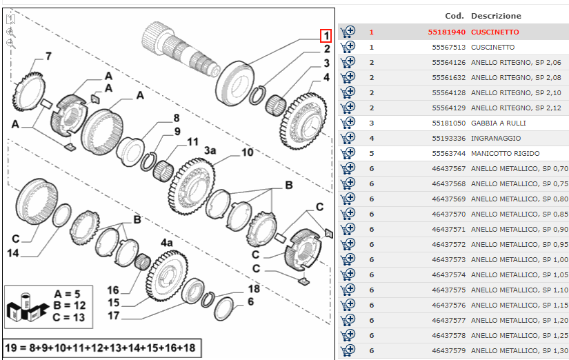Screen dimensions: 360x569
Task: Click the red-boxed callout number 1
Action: click(x=326, y=35)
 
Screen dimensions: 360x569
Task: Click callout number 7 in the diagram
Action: click(x=48, y=56)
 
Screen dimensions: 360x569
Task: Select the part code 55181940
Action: click(x=446, y=32)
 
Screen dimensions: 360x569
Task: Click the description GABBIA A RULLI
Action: click(x=498, y=123)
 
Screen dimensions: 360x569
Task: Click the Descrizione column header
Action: click(x=496, y=16)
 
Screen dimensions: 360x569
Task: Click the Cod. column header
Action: click(x=454, y=16)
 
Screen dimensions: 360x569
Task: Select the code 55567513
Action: click(x=446, y=48)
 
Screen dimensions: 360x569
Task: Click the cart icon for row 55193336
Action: click(x=348, y=138)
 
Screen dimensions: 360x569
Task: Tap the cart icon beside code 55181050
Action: click(x=348, y=123)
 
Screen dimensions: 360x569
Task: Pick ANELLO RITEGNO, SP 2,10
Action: click(x=513, y=92)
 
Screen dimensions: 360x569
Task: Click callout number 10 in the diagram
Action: click(x=247, y=152)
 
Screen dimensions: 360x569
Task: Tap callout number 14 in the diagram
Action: click(x=13, y=253)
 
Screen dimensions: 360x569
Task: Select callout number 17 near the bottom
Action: click(x=113, y=316)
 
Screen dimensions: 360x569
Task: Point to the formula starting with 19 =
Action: click(x=98, y=347)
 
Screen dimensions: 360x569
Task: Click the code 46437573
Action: click(x=446, y=259)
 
